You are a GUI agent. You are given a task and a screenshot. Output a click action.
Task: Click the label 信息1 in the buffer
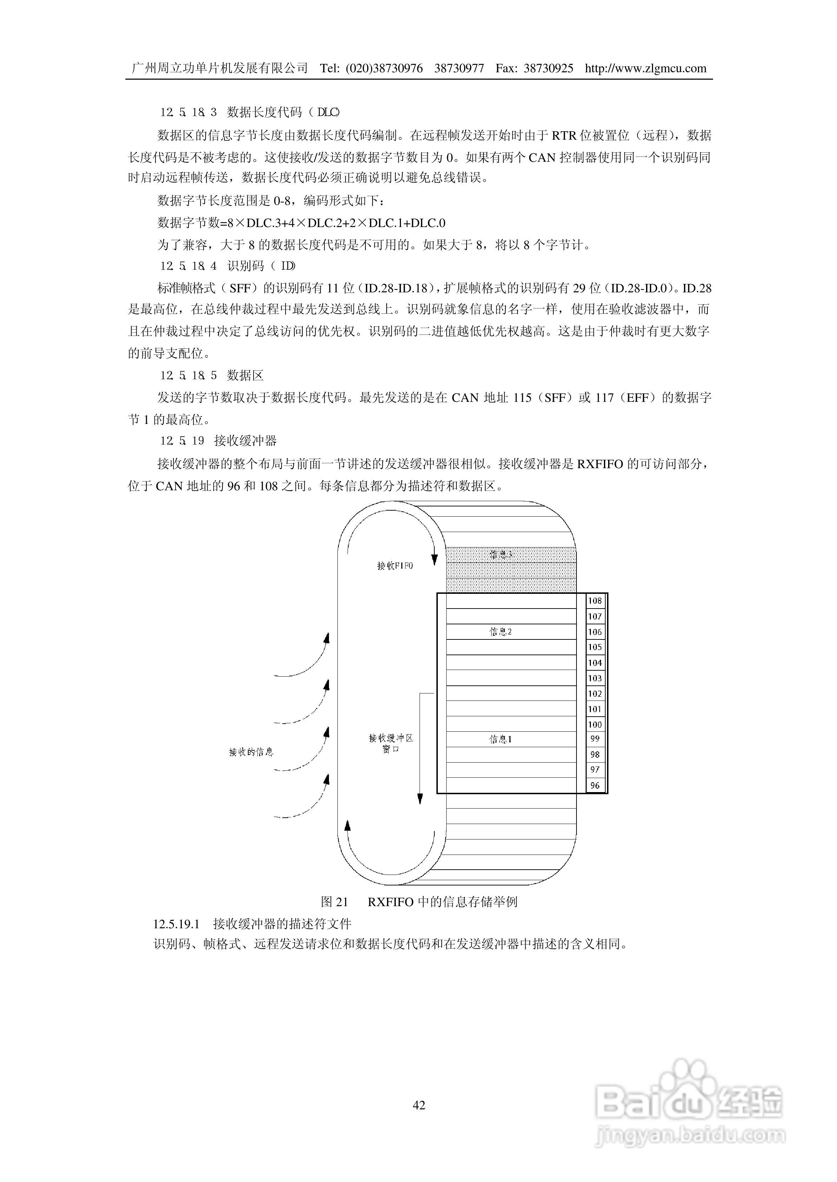click(x=500, y=739)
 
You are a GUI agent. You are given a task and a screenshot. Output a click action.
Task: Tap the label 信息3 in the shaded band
click(x=500, y=555)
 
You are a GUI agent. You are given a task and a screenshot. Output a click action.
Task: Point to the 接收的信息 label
click(x=251, y=752)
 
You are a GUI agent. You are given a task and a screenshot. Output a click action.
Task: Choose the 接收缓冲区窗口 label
click(x=391, y=743)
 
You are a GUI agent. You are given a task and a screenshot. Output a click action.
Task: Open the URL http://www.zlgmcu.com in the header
click(x=645, y=68)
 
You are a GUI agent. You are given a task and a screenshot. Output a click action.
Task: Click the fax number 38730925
click(x=548, y=68)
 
